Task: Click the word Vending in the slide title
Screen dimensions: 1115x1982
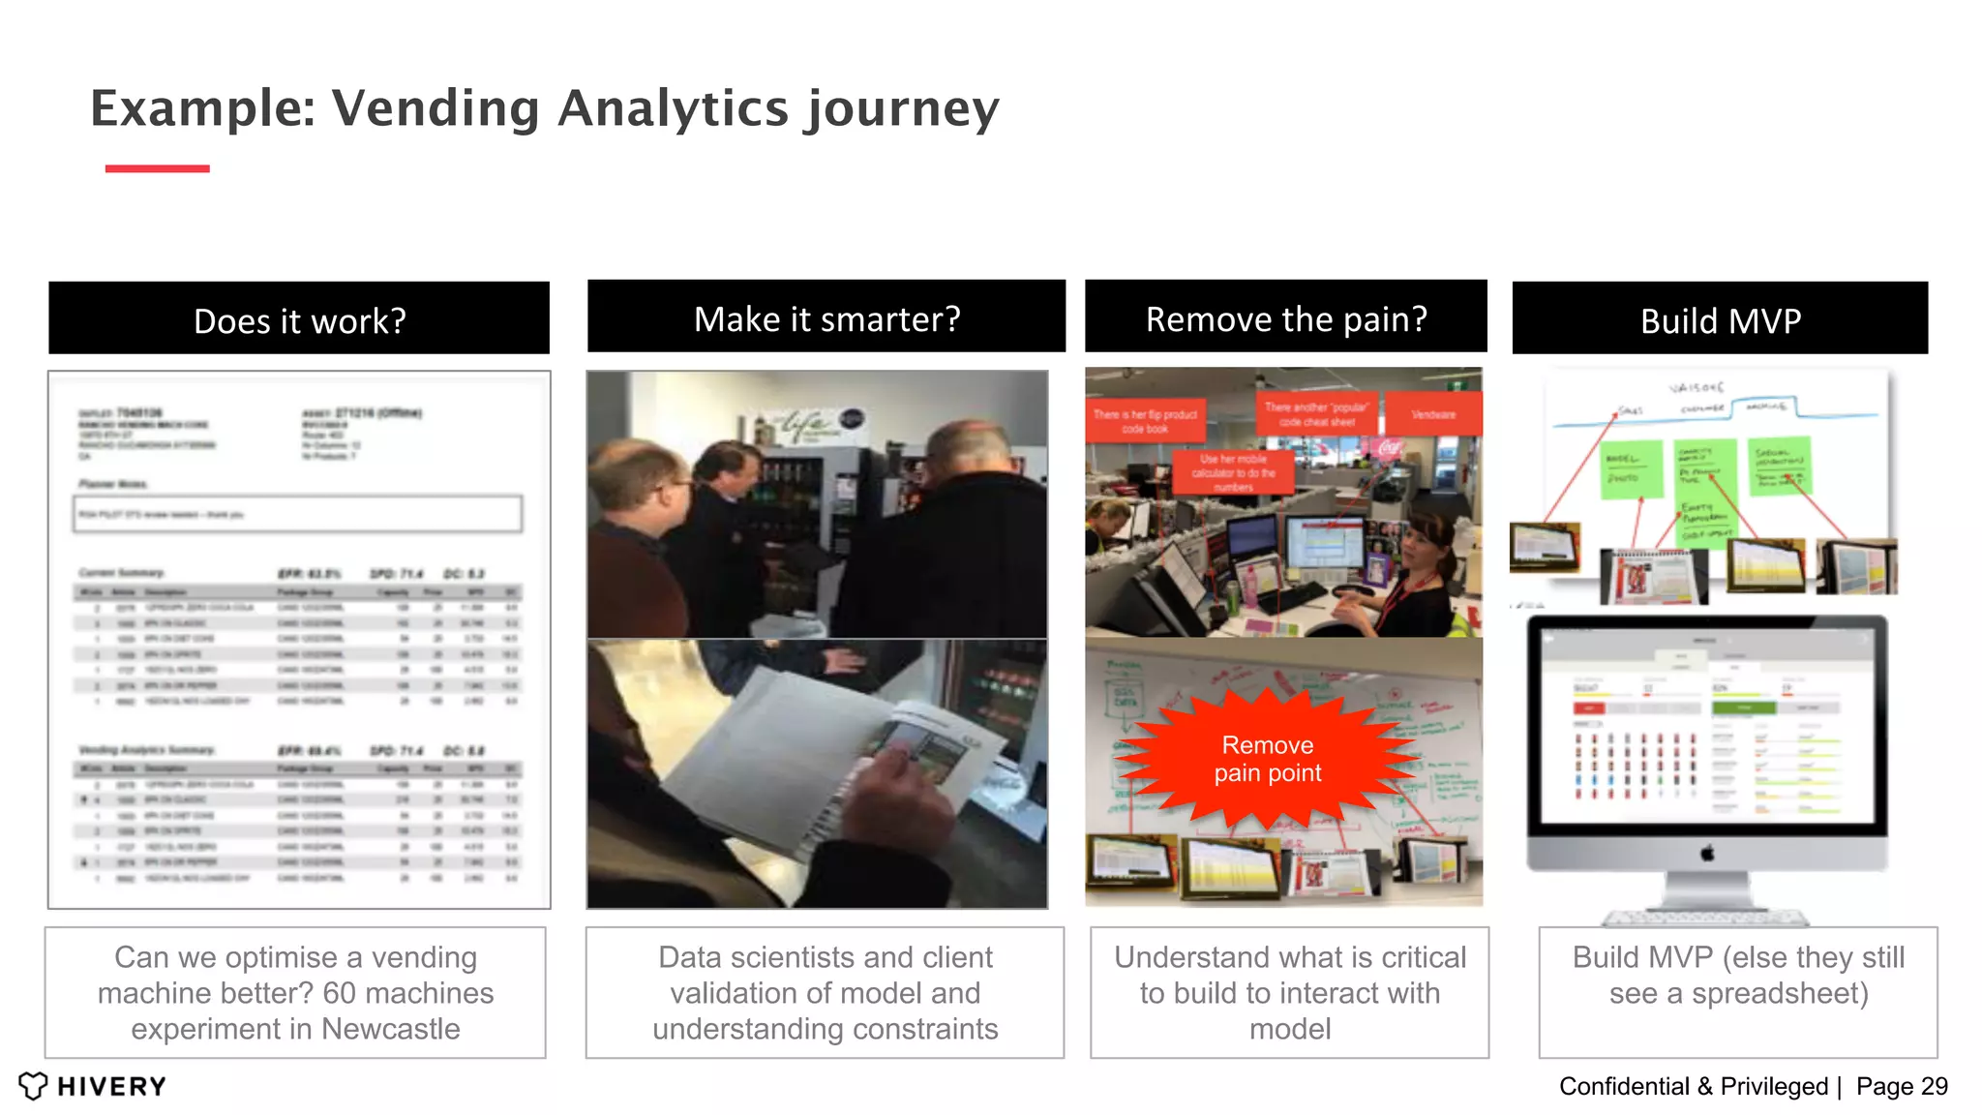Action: tap(435, 108)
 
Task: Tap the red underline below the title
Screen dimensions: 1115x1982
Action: tap(157, 168)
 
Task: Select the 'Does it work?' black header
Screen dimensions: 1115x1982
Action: tap(299, 319)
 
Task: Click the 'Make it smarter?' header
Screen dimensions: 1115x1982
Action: tap(826, 317)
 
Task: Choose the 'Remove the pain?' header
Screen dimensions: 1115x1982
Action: tap(1285, 317)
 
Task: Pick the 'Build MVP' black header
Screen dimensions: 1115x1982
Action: tap(1720, 319)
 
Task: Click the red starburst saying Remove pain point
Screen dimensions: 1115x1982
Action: tap(1268, 759)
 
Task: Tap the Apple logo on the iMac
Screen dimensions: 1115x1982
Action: tap(1707, 853)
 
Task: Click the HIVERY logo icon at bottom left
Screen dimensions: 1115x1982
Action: tap(33, 1086)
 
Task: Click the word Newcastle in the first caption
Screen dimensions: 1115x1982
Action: tap(391, 1029)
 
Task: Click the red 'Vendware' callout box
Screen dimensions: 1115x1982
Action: tap(1433, 414)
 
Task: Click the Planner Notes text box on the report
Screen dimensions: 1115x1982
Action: tap(298, 514)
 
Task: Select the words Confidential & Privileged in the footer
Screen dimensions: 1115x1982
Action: tap(1693, 1086)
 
